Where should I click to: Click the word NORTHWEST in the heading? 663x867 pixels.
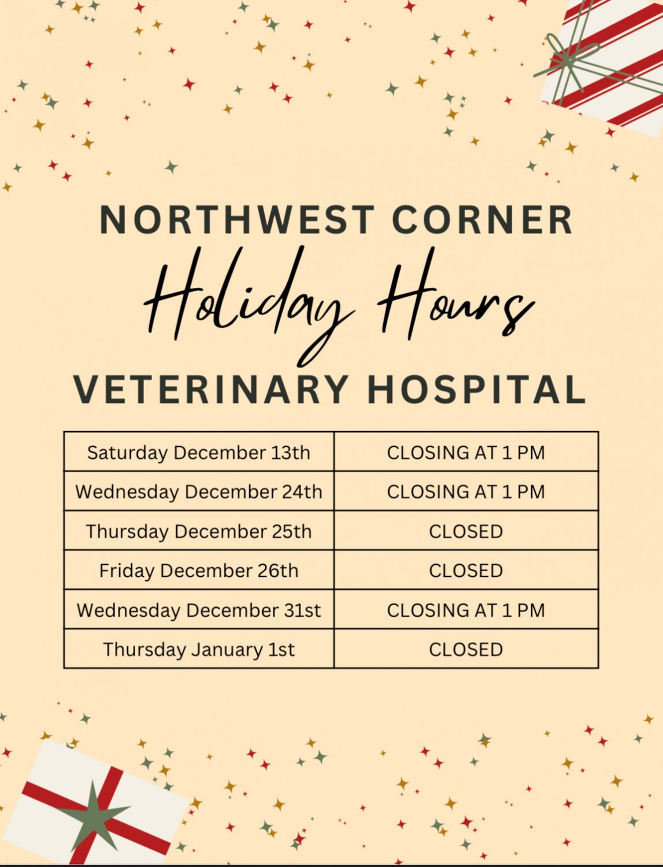[237, 220]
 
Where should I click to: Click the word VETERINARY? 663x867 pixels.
[211, 389]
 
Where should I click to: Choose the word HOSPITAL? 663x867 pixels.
[477, 389]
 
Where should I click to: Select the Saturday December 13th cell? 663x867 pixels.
[199, 453]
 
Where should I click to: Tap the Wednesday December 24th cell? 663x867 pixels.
[199, 492]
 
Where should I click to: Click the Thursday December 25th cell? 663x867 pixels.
[199, 531]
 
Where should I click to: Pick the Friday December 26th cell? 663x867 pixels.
[199, 570]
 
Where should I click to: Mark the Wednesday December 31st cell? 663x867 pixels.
[199, 610]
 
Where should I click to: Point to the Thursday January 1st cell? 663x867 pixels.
[199, 650]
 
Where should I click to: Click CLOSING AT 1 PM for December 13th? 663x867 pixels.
[466, 453]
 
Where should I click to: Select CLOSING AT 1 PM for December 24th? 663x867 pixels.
[466, 492]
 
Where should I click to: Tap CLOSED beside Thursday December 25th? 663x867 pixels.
[466, 531]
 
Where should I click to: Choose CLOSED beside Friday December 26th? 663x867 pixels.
[466, 570]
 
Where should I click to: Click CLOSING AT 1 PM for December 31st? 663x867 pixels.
[466, 610]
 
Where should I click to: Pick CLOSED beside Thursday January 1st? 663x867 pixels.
[466, 650]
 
